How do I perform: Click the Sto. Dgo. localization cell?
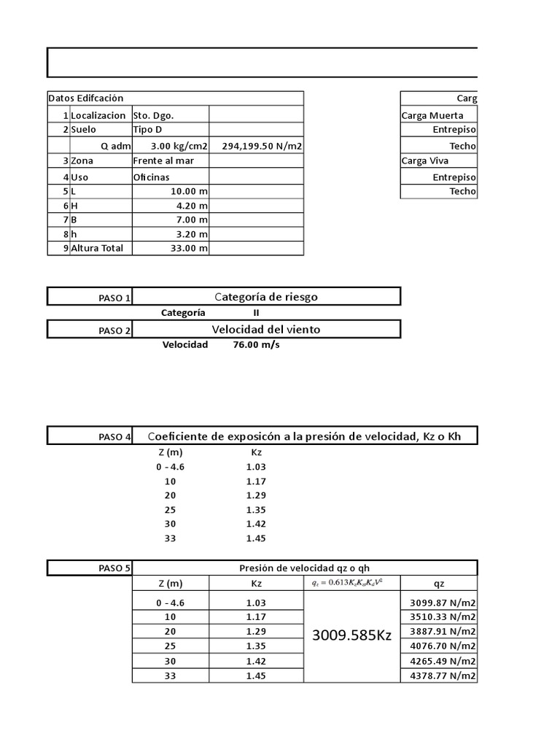coord(154,115)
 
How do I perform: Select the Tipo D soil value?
coord(148,129)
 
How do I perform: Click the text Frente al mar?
coord(163,160)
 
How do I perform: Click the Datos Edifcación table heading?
coord(86,98)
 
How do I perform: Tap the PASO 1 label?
coord(114,298)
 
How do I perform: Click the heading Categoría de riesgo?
coord(266,296)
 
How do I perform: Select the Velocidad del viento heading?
coord(266,329)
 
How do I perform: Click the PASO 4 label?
coord(114,437)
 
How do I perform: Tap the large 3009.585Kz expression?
coord(351,635)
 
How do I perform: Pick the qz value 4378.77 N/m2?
coord(440,676)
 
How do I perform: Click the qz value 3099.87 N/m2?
coord(440,603)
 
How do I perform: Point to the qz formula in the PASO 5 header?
coord(351,582)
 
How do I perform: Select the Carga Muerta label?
coord(432,115)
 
